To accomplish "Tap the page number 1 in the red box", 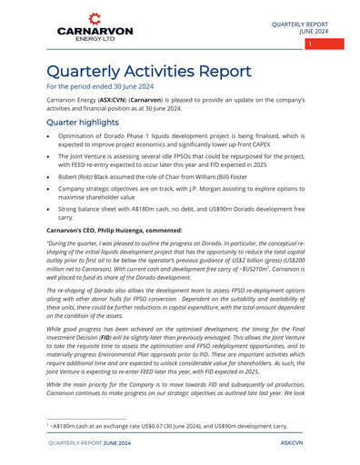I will coord(310,44).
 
